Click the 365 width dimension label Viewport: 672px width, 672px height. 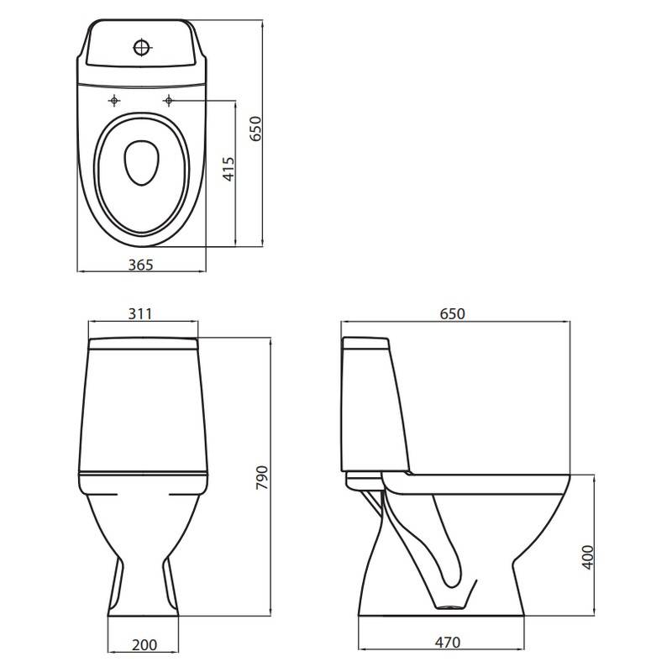pos(140,265)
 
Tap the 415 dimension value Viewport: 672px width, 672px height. pos(229,169)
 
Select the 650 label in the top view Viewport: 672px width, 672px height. pos(255,129)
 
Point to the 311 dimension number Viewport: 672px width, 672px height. pos(140,313)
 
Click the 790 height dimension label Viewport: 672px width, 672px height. pos(262,477)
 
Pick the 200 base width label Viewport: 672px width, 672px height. pos(144,644)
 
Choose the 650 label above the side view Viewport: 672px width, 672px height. pos(452,313)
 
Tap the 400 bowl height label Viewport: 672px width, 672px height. pos(588,557)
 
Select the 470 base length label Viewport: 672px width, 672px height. pos(448,642)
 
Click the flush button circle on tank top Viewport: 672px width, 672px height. pos(141,47)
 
